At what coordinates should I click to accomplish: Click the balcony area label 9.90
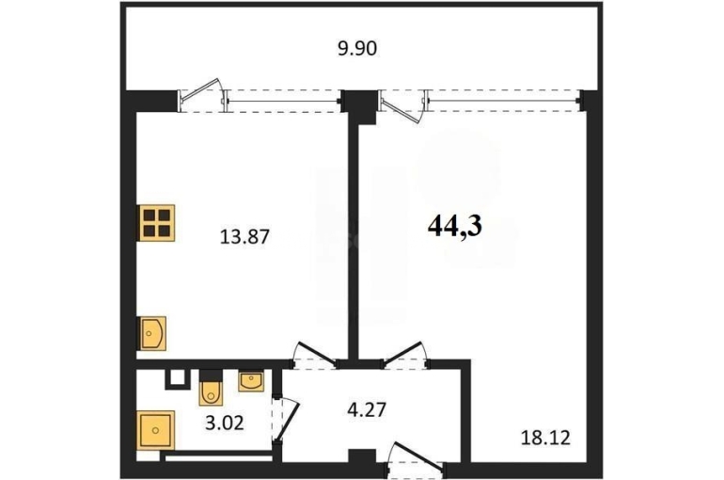(357, 48)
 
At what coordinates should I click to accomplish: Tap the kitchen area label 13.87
(244, 237)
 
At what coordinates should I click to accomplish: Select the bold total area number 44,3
(455, 226)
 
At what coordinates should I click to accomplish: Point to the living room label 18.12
(545, 437)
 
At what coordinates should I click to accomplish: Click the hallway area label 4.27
(367, 409)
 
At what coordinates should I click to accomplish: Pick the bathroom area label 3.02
(224, 423)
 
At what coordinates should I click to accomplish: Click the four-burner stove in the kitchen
(156, 223)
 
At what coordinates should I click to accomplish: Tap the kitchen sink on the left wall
(151, 333)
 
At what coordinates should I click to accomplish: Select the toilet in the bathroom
(211, 391)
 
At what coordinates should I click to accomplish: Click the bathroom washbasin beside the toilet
(251, 381)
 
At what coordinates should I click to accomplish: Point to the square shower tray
(155, 430)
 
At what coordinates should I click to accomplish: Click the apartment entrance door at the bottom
(415, 459)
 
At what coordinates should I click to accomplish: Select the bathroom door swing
(286, 420)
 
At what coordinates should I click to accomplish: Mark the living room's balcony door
(402, 107)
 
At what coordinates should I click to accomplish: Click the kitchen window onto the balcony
(283, 101)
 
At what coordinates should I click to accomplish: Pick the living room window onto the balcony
(503, 101)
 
